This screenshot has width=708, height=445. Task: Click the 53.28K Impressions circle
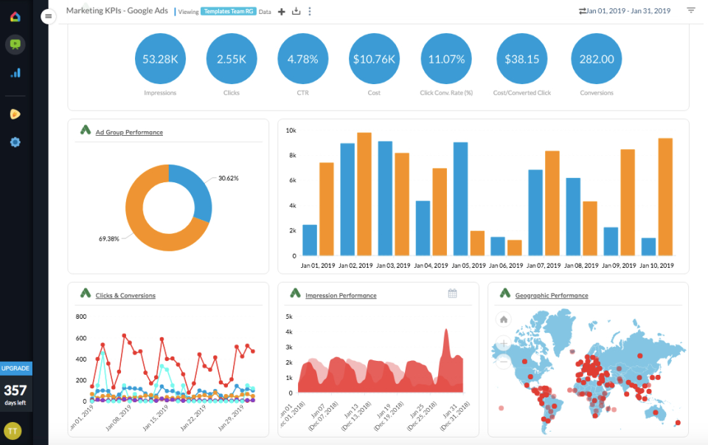[160, 59]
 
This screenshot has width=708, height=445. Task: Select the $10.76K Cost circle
[374, 59]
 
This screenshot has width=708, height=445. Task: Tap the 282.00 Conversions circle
[596, 59]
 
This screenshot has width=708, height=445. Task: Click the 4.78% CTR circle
[302, 59]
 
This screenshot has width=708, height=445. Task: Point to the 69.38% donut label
[110, 239]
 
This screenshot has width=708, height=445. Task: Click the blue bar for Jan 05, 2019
[460, 199]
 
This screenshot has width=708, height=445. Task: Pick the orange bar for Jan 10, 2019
[665, 197]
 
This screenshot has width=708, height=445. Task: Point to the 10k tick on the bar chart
[291, 131]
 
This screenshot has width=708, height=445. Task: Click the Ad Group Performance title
[129, 133]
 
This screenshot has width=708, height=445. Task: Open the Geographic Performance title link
[552, 296]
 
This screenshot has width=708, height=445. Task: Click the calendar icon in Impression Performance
[452, 294]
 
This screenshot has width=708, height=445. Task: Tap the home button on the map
[504, 320]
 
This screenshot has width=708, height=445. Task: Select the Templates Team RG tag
[228, 12]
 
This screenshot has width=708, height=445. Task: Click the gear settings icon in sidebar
[15, 142]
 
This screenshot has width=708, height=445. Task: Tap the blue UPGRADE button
[15, 368]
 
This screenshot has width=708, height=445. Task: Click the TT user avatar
[13, 430]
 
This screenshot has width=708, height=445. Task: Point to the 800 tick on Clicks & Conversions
[81, 317]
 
